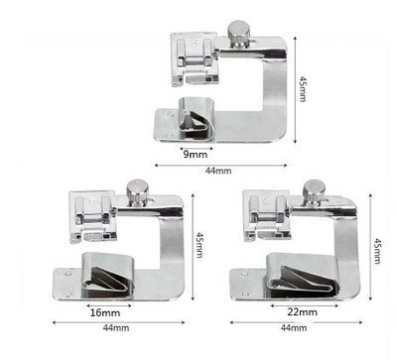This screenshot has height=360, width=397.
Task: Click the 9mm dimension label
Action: (x=196, y=155)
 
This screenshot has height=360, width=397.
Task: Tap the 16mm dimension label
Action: (x=105, y=312)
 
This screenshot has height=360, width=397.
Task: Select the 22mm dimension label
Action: (x=302, y=311)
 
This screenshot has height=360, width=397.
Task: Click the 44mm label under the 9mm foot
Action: (x=218, y=171)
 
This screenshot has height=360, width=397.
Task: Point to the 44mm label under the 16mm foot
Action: (x=116, y=328)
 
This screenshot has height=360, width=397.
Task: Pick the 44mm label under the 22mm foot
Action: (x=294, y=327)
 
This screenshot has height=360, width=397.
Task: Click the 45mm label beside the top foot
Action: (x=303, y=89)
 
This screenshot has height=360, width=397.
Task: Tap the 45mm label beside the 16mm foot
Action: (x=199, y=245)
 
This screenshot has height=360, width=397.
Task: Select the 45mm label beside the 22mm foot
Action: (x=377, y=251)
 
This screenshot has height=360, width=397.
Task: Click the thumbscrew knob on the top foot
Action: (x=238, y=34)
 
